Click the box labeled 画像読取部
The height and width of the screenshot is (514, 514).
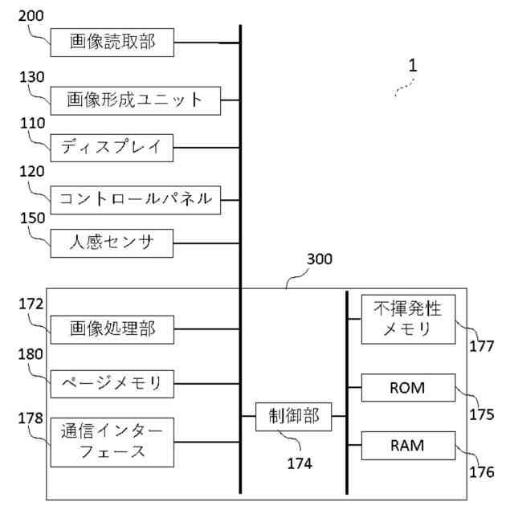(x=112, y=43)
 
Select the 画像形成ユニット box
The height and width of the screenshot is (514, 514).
(x=136, y=100)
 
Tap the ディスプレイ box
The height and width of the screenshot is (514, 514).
(x=112, y=148)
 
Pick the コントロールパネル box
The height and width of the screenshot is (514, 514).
(x=136, y=200)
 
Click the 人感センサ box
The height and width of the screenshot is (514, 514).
(x=112, y=243)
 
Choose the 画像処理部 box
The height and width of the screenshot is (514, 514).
(x=112, y=329)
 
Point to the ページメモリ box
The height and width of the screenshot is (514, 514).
(x=112, y=384)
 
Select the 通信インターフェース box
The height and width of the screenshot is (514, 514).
(x=112, y=443)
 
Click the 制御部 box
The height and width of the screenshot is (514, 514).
(x=293, y=417)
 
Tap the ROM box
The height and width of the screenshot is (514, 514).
(x=408, y=387)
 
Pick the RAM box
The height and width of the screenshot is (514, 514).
(x=408, y=446)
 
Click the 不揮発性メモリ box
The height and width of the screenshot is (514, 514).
(x=408, y=320)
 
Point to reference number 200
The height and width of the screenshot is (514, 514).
(x=31, y=16)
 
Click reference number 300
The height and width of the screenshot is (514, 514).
(x=320, y=259)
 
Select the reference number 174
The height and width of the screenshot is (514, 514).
(x=300, y=463)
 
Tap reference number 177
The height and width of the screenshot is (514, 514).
(x=482, y=346)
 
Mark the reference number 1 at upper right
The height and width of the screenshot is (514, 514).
(x=413, y=65)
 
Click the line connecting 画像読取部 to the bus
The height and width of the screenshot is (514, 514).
(x=207, y=43)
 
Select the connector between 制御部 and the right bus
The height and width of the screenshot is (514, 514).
(x=339, y=416)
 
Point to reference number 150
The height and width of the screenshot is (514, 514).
(x=32, y=218)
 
